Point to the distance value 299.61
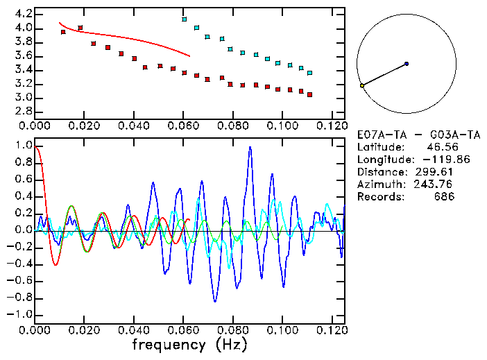coord(434,172)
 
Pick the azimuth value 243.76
coord(434,185)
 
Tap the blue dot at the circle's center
coord(407,64)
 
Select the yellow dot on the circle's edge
coord(362,85)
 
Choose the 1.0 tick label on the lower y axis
coord(23,146)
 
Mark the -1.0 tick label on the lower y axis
coord(21,314)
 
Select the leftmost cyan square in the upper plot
coord(185,19)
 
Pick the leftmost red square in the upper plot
coord(63,32)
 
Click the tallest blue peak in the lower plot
coord(250,148)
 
